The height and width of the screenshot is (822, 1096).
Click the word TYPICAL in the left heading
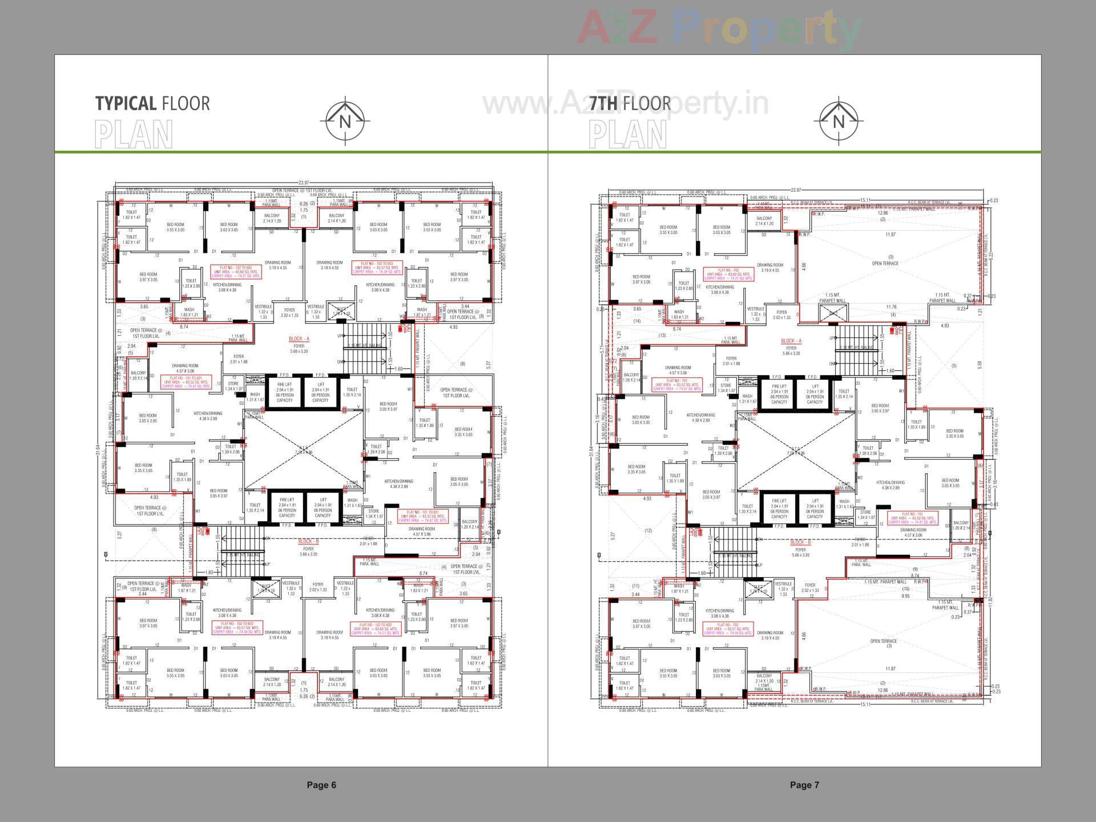pyautogui.click(x=125, y=104)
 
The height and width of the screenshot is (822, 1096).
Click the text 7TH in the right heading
pyautogui.click(x=604, y=104)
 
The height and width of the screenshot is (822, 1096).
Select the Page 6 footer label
pyautogui.click(x=321, y=785)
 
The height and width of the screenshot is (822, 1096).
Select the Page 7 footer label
pyautogui.click(x=804, y=785)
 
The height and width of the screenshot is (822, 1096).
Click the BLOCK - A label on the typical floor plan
pyautogui.click(x=299, y=339)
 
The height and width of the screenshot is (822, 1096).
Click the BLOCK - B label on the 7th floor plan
pyautogui.click(x=800, y=542)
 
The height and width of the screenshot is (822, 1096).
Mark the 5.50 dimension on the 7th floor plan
pyautogui.click(x=980, y=364)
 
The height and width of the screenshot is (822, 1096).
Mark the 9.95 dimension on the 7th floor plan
pyautogui.click(x=905, y=596)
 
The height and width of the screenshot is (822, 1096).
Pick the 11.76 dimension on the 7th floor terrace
pyautogui.click(x=891, y=307)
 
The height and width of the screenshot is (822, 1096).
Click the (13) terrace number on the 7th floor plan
pyautogui.click(x=662, y=336)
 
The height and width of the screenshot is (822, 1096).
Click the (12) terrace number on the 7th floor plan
pyautogui.click(x=648, y=531)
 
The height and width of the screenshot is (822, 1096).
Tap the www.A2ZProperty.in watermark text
pyautogui.click(x=625, y=104)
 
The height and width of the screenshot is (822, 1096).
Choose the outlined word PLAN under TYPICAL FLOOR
pyautogui.click(x=134, y=135)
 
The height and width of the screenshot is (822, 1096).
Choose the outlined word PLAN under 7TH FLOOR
pyautogui.click(x=627, y=135)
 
